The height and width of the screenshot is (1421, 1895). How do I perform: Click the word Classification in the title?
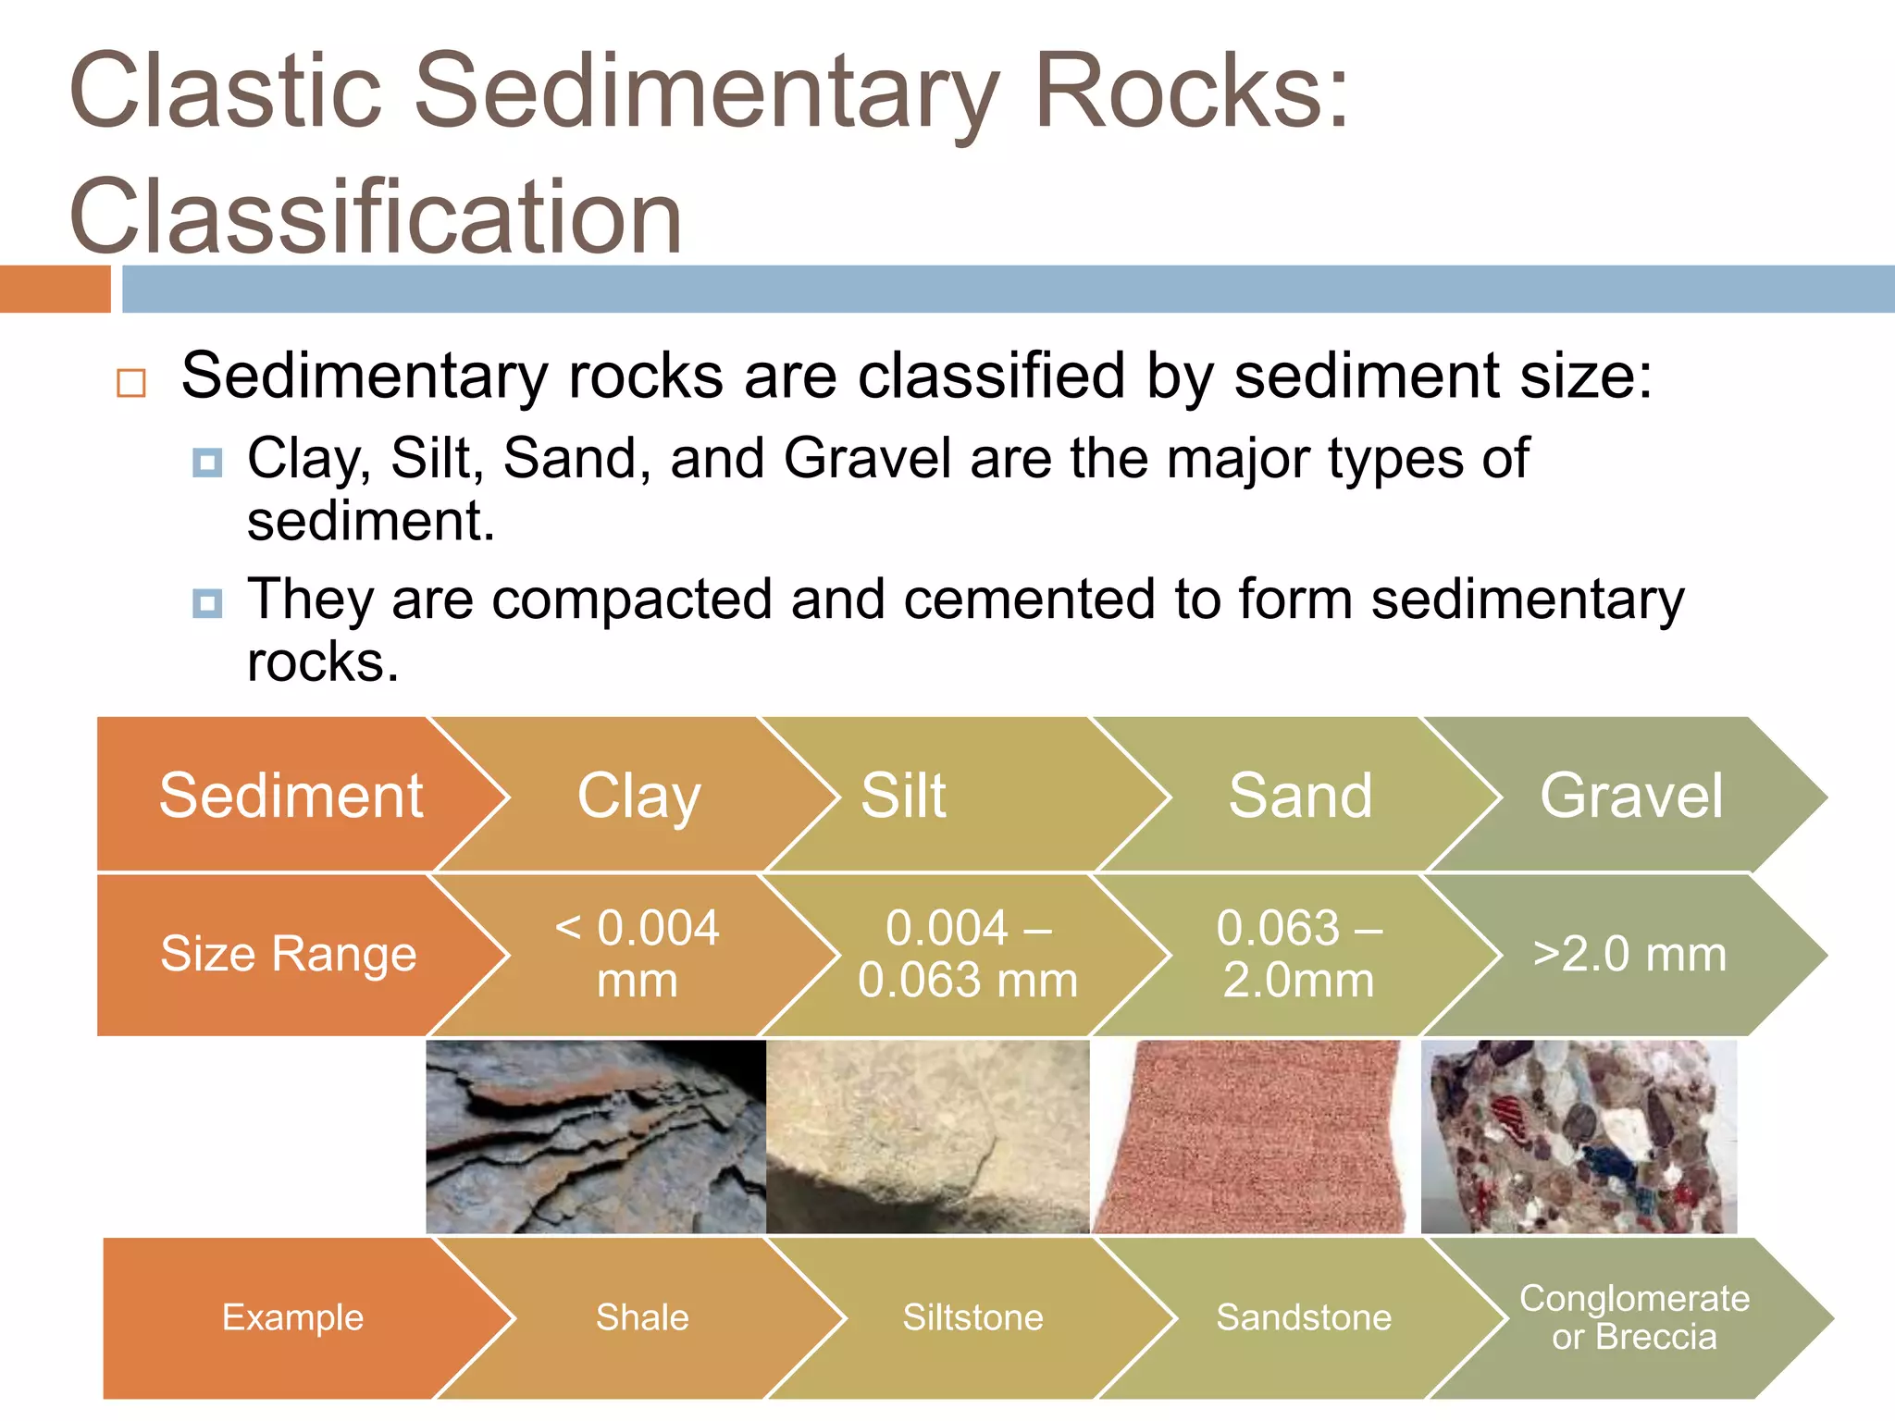click(x=375, y=216)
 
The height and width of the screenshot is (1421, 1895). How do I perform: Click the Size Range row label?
click(x=288, y=954)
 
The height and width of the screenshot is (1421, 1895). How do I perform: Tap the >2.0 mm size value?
click(x=1629, y=954)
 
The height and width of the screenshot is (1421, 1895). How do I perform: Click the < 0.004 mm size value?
click(x=637, y=954)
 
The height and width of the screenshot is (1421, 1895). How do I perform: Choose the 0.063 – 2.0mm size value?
click(x=1299, y=954)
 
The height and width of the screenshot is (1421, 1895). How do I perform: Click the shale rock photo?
click(x=595, y=1137)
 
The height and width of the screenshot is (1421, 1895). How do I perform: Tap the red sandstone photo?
click(x=1249, y=1137)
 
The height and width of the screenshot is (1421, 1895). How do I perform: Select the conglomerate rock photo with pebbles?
click(x=1579, y=1137)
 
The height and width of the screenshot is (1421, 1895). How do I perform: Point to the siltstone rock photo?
click(x=927, y=1137)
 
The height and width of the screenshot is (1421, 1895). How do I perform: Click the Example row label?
click(x=292, y=1317)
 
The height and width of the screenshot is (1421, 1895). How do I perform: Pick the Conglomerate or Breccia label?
click(x=1634, y=1317)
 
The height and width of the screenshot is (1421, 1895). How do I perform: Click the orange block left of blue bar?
click(x=55, y=289)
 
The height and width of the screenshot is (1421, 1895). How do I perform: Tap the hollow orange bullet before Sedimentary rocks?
click(x=131, y=383)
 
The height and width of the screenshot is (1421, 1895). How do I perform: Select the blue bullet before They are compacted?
click(x=207, y=604)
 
